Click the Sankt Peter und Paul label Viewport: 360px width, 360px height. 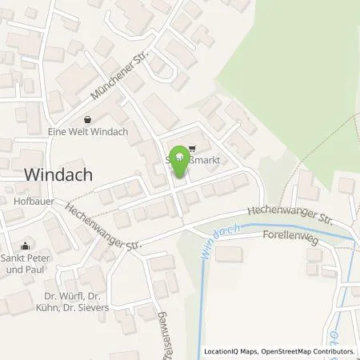(25, 265)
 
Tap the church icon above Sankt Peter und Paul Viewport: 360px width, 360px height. (25, 246)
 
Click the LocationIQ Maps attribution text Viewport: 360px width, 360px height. (233, 352)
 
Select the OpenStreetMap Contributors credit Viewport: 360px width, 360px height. (310, 352)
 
